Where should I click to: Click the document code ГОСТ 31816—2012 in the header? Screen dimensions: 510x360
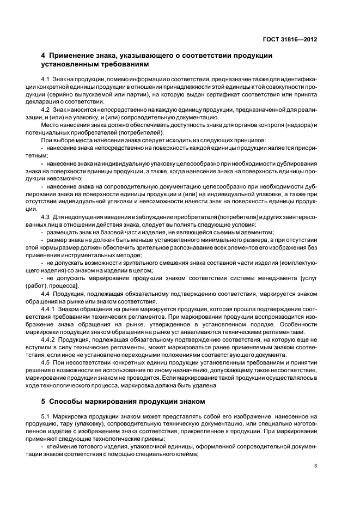point(289,39)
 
